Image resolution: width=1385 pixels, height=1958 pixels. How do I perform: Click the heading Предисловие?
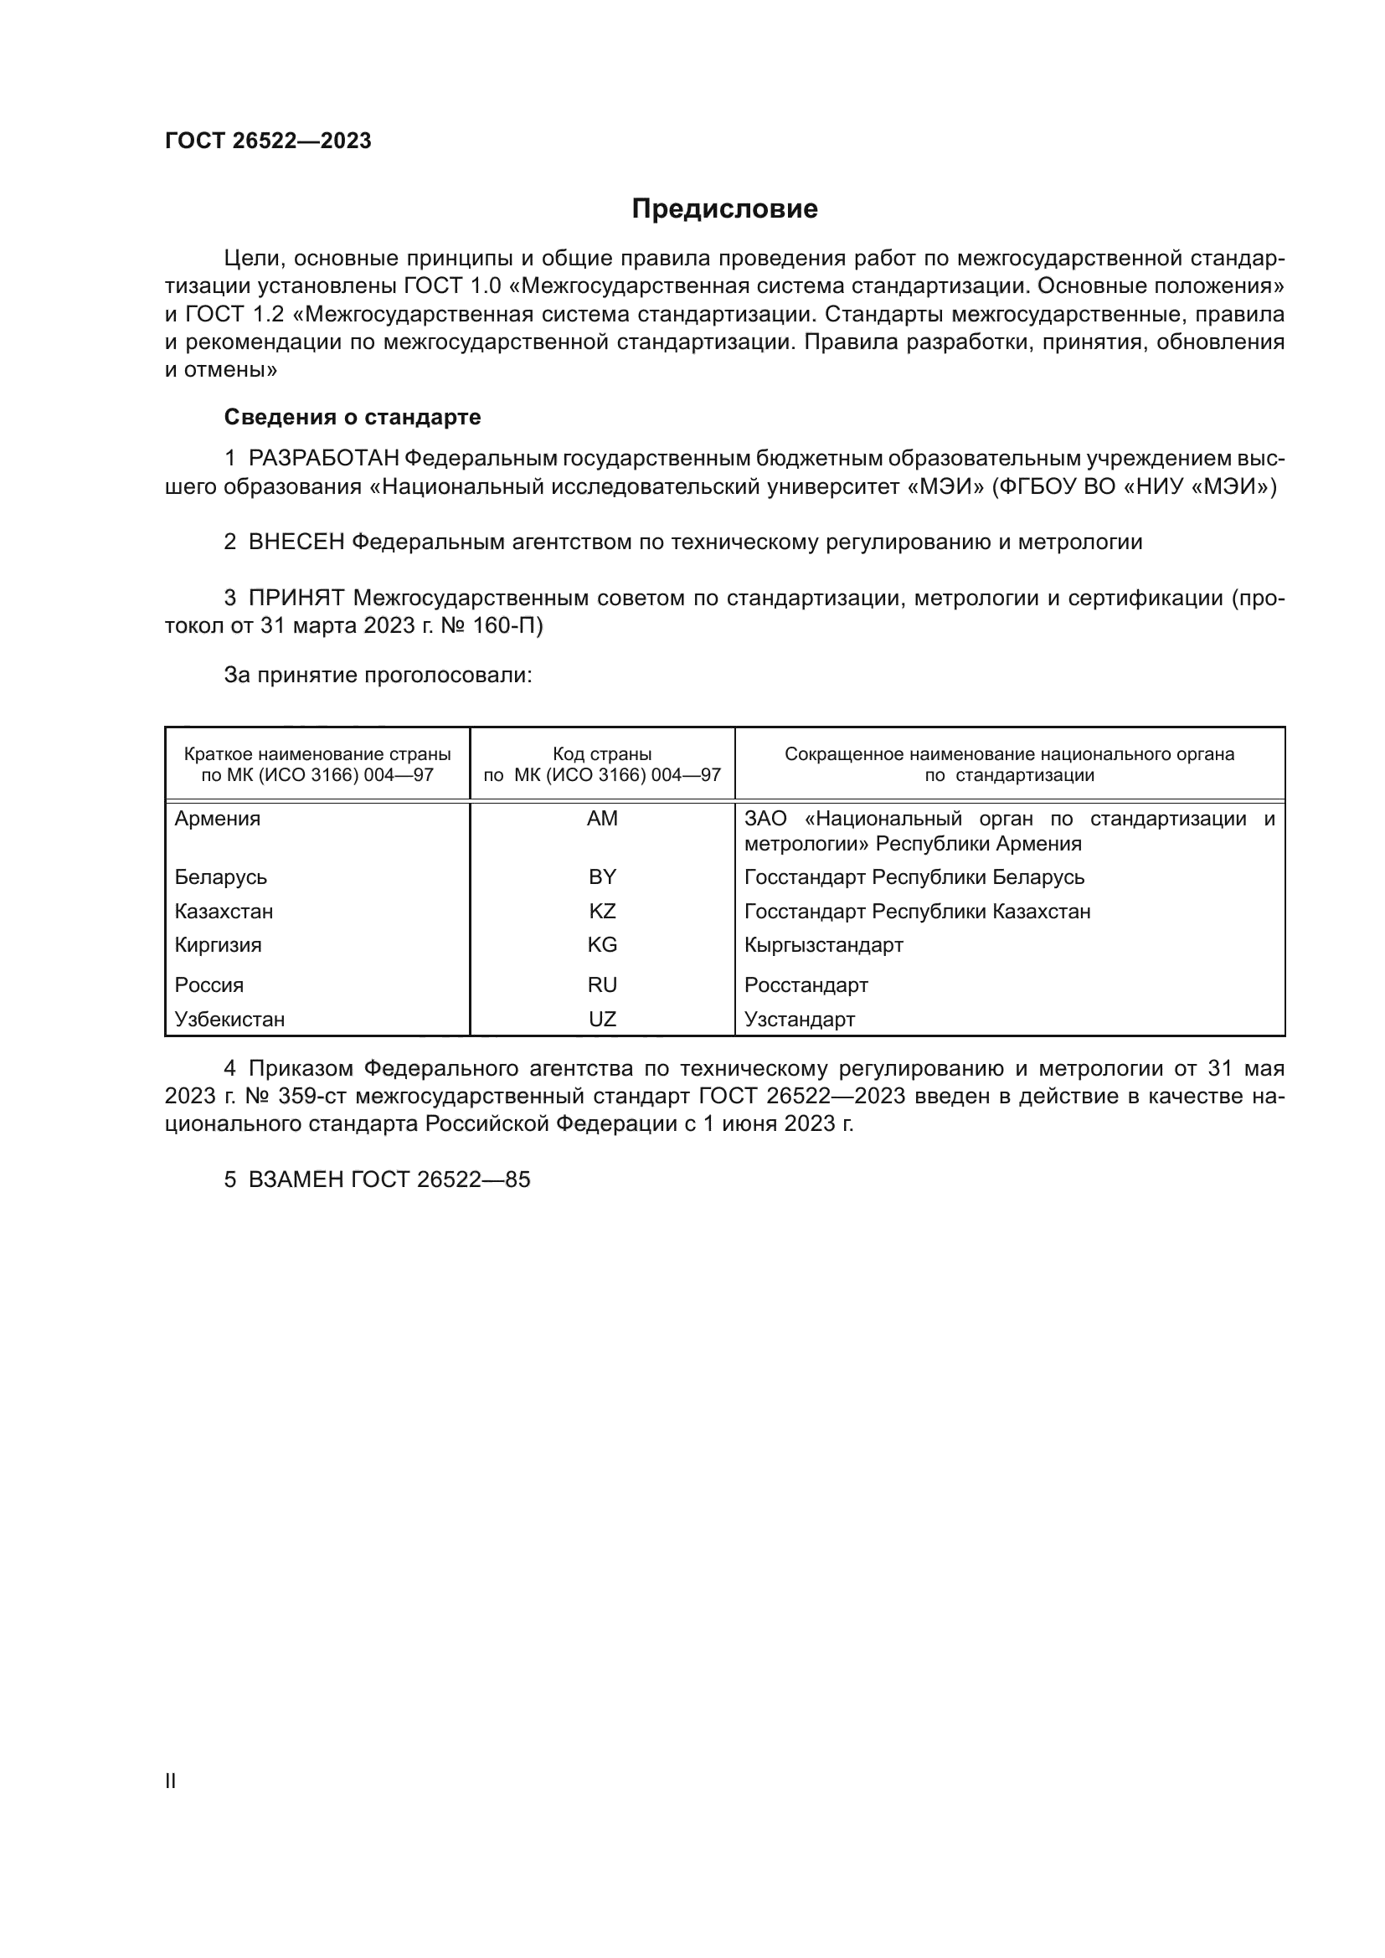click(724, 209)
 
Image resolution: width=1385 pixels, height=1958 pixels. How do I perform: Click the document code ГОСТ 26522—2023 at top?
click(268, 141)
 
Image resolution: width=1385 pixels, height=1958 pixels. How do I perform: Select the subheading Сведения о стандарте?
click(353, 417)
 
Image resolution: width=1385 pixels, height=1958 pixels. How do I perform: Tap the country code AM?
click(602, 819)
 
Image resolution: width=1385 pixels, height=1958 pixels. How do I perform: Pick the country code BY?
click(602, 876)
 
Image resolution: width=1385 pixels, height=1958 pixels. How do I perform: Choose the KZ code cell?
click(602, 911)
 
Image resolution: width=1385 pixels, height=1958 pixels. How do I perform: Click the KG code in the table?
click(602, 945)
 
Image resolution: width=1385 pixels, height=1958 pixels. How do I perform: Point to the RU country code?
click(602, 985)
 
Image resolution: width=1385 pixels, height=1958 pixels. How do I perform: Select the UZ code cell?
click(602, 1019)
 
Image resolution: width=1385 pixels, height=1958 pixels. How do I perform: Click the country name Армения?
click(218, 819)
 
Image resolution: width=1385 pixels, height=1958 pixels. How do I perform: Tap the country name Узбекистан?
click(229, 1019)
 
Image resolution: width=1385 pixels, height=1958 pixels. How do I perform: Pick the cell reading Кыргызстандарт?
click(823, 945)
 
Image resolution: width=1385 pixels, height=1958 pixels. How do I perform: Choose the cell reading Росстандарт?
click(806, 985)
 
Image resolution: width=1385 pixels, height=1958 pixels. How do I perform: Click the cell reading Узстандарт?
click(799, 1019)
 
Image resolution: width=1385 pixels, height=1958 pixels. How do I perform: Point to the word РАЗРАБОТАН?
click(323, 459)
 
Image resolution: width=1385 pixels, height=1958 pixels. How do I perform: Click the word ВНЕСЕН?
click(296, 542)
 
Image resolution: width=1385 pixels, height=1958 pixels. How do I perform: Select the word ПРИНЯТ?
click(296, 598)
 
